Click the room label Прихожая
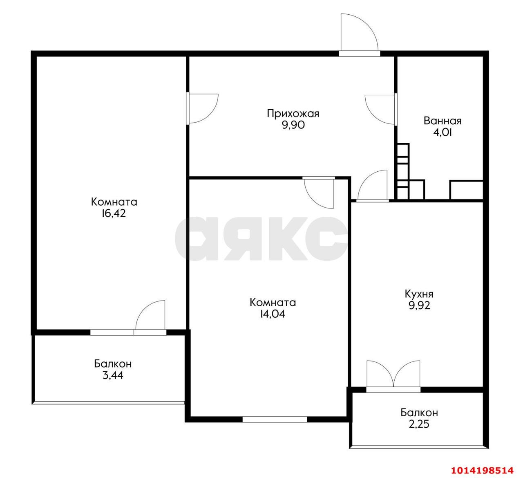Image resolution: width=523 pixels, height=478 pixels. [x=293, y=114]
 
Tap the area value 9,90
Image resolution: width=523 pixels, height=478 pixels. [x=293, y=125]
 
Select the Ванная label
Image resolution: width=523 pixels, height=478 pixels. [x=443, y=121]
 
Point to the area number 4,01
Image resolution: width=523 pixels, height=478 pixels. [x=442, y=132]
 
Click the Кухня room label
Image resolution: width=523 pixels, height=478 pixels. [x=419, y=294]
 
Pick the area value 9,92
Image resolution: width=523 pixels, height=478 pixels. [x=419, y=305]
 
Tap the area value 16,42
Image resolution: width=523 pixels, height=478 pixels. [x=114, y=213]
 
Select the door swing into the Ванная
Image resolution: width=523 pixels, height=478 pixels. [x=380, y=110]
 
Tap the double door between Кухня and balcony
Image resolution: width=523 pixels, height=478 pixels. [x=393, y=374]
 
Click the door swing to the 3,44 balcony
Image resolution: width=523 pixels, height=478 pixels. [x=150, y=315]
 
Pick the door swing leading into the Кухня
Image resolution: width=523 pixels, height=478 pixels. [x=373, y=185]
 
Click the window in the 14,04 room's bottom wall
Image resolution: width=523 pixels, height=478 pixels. [x=275, y=419]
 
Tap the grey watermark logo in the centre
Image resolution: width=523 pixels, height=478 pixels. [x=261, y=238]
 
